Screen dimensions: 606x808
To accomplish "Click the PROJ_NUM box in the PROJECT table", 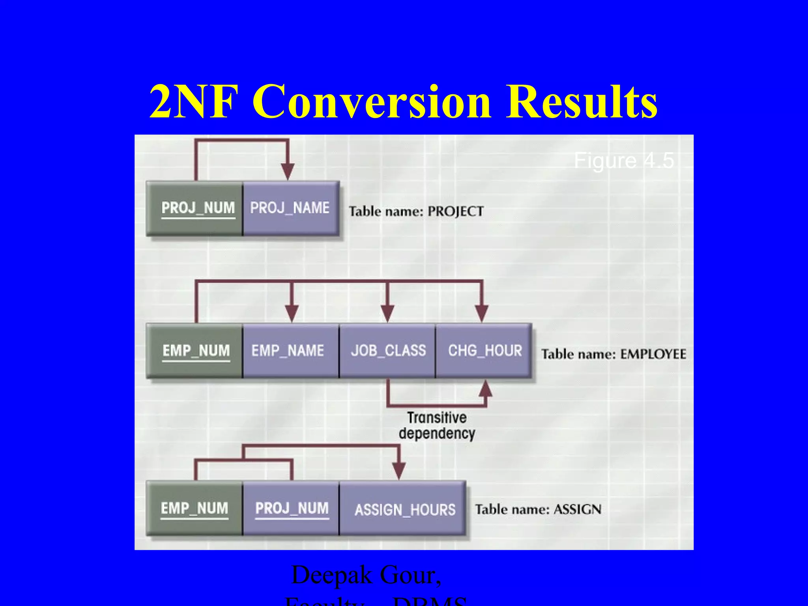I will pyautogui.click(x=195, y=208).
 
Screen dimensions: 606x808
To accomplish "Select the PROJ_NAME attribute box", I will pyautogui.click(x=291, y=208).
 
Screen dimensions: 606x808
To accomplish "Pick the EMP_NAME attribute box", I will pyautogui.click(x=291, y=351).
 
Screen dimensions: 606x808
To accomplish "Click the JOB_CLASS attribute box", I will pyautogui.click(x=387, y=351).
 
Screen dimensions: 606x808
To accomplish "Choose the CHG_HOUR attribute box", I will pyautogui.click(x=484, y=351).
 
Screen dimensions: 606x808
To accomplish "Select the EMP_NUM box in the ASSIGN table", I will pyautogui.click(x=195, y=508).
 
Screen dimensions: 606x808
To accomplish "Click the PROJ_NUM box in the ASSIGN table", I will pyautogui.click(x=291, y=508).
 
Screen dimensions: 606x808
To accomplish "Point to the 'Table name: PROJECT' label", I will pyautogui.click(x=416, y=211).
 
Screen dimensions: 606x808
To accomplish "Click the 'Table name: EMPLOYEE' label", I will pyautogui.click(x=613, y=354).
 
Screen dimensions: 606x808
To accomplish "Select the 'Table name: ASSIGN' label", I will pyautogui.click(x=538, y=509).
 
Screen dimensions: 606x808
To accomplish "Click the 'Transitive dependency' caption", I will pyautogui.click(x=437, y=425).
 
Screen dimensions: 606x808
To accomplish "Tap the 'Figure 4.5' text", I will pyautogui.click(x=623, y=161).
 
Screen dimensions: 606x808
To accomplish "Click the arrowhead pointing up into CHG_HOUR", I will pyautogui.click(x=486, y=389).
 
